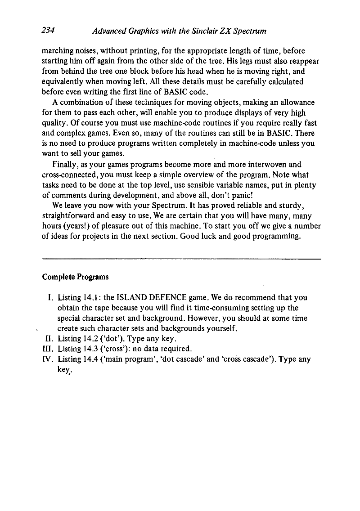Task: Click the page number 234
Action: click(x=48, y=30)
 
